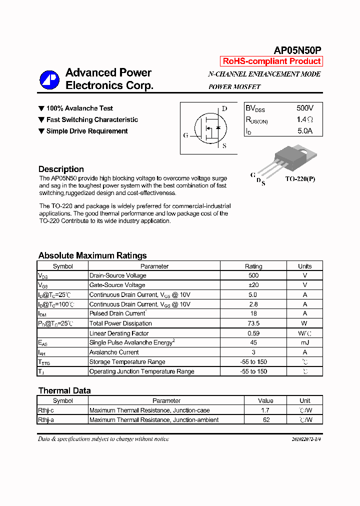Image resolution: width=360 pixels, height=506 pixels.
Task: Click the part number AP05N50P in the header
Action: (297, 50)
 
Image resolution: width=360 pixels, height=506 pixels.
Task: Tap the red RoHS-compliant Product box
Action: (271, 61)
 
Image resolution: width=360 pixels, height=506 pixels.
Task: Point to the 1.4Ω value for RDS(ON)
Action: (304, 120)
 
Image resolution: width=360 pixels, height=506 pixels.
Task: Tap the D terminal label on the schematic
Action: (224, 109)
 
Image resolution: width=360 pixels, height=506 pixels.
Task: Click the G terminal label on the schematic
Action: (186, 135)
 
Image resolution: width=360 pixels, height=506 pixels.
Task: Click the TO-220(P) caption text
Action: (300, 178)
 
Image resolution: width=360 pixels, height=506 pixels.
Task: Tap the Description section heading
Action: (61, 169)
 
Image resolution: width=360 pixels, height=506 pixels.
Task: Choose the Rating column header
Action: (253, 266)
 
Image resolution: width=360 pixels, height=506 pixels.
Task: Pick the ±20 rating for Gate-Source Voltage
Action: (253, 285)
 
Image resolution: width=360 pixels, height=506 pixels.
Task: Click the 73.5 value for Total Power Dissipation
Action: (253, 323)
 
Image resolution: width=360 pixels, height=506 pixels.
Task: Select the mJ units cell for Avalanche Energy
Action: (304, 342)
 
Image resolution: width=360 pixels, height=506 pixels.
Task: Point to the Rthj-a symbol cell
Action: (46, 420)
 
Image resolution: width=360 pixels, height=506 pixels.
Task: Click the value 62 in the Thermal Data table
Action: (266, 420)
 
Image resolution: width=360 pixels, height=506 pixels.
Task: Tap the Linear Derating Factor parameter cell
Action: (119, 333)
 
